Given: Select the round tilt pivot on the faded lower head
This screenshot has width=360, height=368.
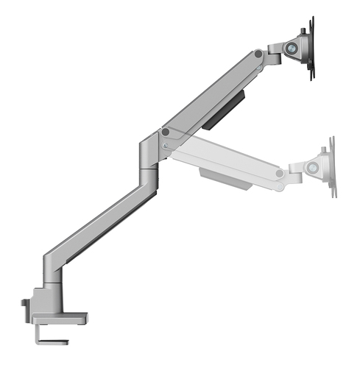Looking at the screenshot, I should click(313, 168).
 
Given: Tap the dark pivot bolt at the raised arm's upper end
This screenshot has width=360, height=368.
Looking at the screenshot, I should click(258, 54).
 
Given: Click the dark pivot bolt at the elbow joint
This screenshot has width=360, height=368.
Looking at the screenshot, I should click(165, 133).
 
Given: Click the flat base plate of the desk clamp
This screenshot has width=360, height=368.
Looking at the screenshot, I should click(59, 318).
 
